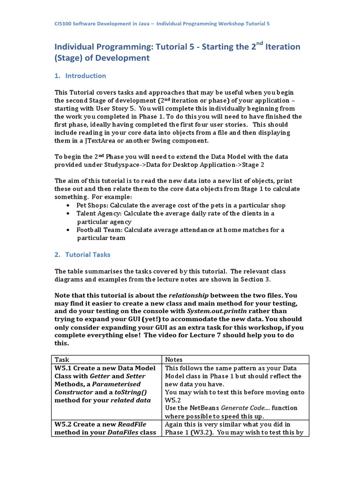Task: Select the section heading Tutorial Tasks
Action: [x=88, y=255]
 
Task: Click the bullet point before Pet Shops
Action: [x=69, y=205]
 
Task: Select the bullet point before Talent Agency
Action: [x=69, y=213]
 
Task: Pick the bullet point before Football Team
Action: [x=69, y=230]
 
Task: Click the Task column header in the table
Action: [x=62, y=359]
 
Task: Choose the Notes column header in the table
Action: [x=174, y=359]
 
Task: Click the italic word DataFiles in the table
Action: [x=124, y=432]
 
